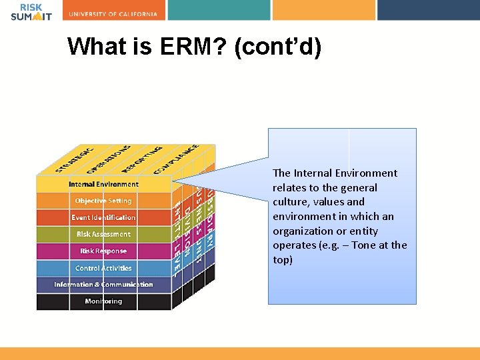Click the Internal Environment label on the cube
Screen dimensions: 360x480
(x=103, y=184)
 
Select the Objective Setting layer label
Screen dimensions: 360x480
(x=103, y=201)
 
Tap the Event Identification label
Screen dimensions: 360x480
(x=103, y=217)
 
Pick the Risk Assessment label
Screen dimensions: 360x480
(x=103, y=234)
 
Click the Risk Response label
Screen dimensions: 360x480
(x=103, y=251)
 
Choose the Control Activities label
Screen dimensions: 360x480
(x=103, y=268)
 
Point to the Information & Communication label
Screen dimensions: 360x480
(x=103, y=285)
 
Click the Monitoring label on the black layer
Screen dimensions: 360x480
(x=103, y=301)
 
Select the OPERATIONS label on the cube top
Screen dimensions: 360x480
(x=108, y=158)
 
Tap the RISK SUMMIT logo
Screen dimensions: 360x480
(x=31, y=11)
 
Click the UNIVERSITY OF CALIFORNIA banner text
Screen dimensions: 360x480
(x=113, y=13)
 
